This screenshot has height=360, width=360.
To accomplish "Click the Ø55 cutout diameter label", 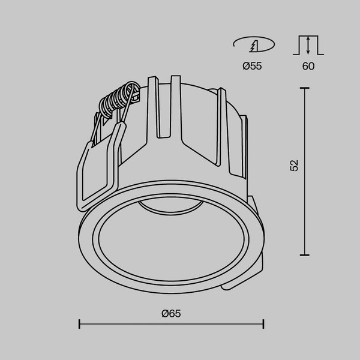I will click(x=253, y=67).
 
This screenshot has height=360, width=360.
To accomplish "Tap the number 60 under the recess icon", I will click(x=308, y=67).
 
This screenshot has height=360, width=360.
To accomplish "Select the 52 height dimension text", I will click(x=294, y=167).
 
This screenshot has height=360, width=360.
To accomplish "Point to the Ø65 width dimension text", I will click(x=171, y=313).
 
